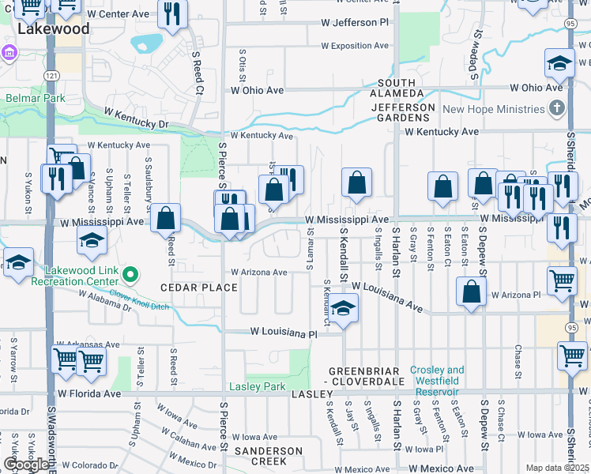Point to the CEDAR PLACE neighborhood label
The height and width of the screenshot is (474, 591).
coord(199,288)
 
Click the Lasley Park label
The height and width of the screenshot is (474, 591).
coord(257,386)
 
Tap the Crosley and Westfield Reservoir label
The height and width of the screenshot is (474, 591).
coord(437,381)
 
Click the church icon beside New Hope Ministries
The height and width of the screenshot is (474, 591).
coord(558,108)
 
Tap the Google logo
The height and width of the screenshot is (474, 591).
coord(26,465)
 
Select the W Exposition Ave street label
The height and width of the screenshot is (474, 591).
coord(355,46)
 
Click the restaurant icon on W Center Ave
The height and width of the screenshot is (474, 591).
coord(171,13)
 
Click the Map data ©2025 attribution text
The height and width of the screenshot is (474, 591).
coord(558,468)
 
